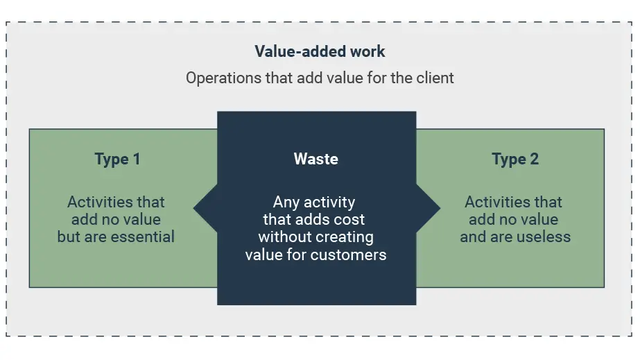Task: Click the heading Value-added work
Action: [x=320, y=51]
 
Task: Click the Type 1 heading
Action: [x=117, y=159]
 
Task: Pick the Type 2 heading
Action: [x=515, y=159]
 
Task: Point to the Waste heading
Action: [x=316, y=159]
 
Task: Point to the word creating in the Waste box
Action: [x=347, y=237]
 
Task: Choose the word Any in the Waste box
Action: [x=286, y=203]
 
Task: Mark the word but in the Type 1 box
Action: [x=69, y=237]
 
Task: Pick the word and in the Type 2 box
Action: [x=474, y=237]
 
